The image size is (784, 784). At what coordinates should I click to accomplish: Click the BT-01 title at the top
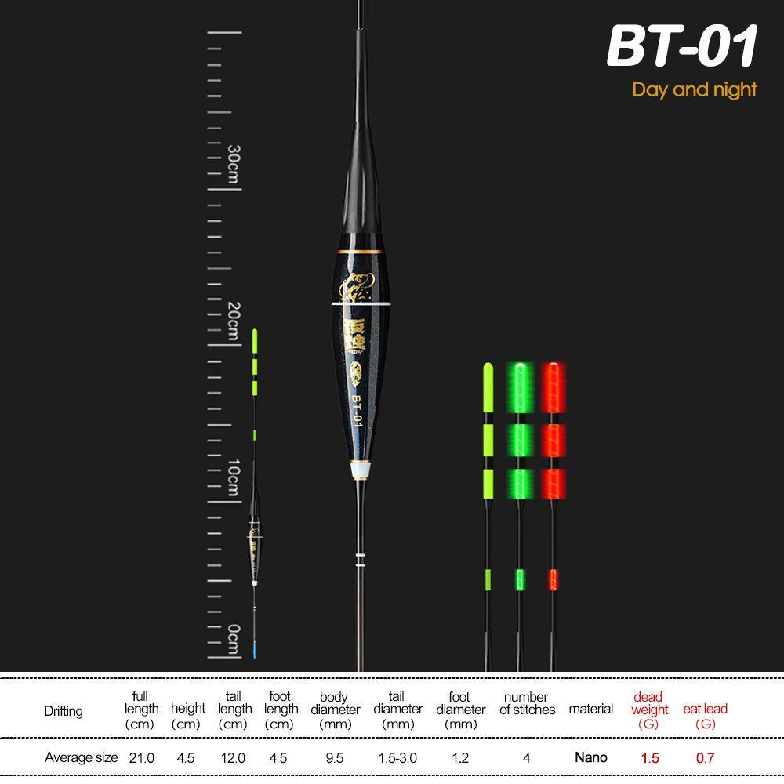click(x=682, y=47)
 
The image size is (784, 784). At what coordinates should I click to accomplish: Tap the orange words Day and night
click(x=695, y=89)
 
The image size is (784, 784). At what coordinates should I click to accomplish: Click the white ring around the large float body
click(x=361, y=303)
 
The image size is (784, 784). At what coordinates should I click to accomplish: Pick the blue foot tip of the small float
click(x=254, y=648)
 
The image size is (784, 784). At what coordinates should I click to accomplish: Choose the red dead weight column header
click(x=649, y=710)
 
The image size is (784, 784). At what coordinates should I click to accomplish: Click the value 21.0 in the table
click(x=142, y=758)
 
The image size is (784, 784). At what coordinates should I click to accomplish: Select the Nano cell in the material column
click(x=590, y=757)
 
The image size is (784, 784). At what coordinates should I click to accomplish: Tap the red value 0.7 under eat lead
click(x=705, y=758)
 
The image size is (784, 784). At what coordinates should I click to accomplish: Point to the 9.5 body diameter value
click(x=335, y=758)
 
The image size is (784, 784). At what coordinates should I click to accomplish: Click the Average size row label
click(x=81, y=758)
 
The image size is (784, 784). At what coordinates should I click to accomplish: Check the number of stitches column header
click(x=527, y=703)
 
